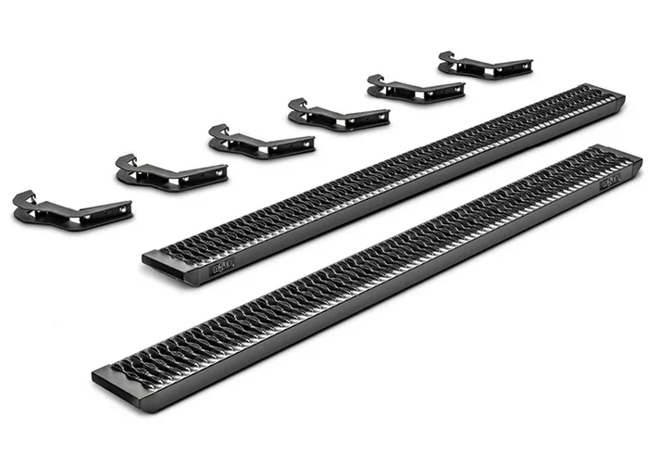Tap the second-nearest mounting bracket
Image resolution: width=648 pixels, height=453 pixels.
(172, 172)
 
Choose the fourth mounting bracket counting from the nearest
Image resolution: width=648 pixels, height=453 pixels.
(338, 115)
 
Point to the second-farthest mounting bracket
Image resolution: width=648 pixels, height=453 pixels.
(416, 88)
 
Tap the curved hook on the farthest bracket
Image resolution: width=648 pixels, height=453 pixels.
(447, 57)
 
